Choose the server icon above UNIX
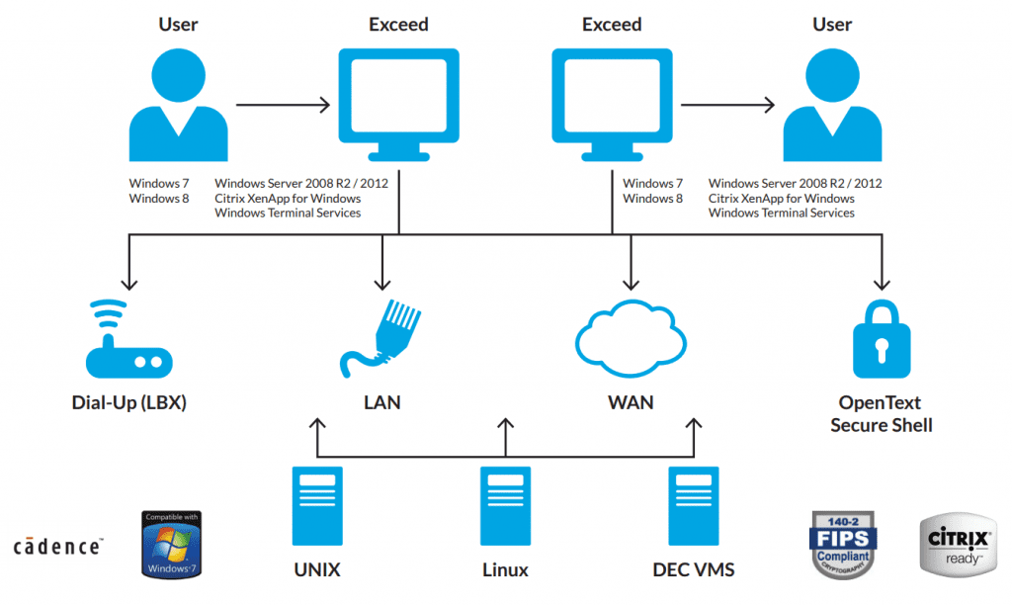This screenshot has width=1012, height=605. click(x=316, y=505)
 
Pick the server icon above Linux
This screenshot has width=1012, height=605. click(x=505, y=505)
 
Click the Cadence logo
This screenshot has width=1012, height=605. click(x=56, y=546)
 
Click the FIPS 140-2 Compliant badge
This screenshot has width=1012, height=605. click(x=844, y=544)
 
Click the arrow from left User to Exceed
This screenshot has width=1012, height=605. click(x=282, y=103)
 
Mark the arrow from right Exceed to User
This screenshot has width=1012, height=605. click(x=727, y=103)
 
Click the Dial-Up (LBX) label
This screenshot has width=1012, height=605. click(x=128, y=402)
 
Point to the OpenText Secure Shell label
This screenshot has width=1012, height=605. click(x=881, y=414)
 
